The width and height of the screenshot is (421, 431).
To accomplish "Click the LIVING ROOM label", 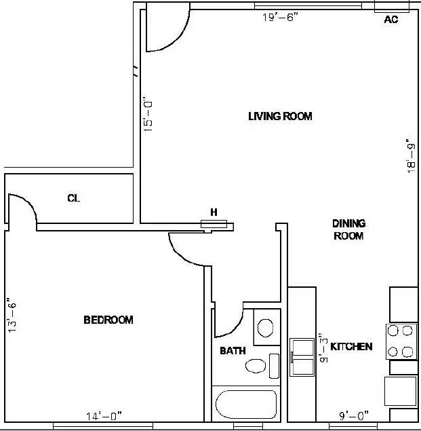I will click(280, 116).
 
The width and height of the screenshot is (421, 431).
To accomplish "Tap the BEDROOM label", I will click(108, 320).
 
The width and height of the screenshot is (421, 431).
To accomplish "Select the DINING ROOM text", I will click(348, 229).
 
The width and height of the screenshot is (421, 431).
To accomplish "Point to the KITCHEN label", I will click(351, 347).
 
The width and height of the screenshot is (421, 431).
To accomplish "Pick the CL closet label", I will click(74, 198).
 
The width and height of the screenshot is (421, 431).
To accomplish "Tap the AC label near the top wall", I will click(390, 20).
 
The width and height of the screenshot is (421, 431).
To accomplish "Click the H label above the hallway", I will click(214, 212).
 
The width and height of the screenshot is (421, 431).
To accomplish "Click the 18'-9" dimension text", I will click(412, 156).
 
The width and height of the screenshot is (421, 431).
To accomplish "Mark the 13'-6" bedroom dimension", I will click(9, 315).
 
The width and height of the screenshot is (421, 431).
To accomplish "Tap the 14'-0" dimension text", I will click(104, 416).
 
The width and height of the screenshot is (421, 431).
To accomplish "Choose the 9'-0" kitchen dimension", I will click(353, 416).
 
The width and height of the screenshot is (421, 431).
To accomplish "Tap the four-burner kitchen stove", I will click(401, 341).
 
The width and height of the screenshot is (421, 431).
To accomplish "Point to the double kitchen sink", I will click(302, 355).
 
